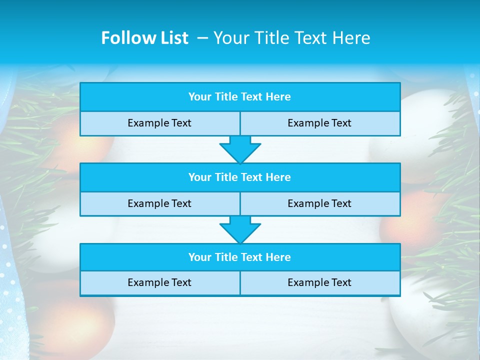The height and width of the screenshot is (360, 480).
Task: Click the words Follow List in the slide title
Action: [x=144, y=38]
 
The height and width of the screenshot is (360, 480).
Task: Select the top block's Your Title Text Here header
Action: [x=239, y=97]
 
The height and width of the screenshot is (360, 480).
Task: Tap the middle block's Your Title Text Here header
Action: [x=239, y=177]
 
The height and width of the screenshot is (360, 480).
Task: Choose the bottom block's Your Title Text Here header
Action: [x=239, y=257]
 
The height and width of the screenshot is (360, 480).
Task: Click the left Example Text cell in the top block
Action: [x=159, y=123]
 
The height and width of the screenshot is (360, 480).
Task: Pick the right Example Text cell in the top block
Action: [x=319, y=123]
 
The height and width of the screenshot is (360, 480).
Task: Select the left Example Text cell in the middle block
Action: [x=159, y=203]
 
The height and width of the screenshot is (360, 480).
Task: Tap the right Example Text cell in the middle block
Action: [x=319, y=203]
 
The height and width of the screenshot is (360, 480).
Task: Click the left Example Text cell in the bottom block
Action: [x=159, y=282]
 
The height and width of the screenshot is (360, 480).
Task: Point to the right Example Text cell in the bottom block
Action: [x=319, y=282]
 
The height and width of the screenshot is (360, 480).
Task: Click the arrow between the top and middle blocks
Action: [x=240, y=149]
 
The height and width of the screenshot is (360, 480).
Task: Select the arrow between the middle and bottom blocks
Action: [x=240, y=229]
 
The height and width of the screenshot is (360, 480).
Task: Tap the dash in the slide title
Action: [x=202, y=38]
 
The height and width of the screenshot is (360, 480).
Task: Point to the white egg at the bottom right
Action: [x=430, y=310]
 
